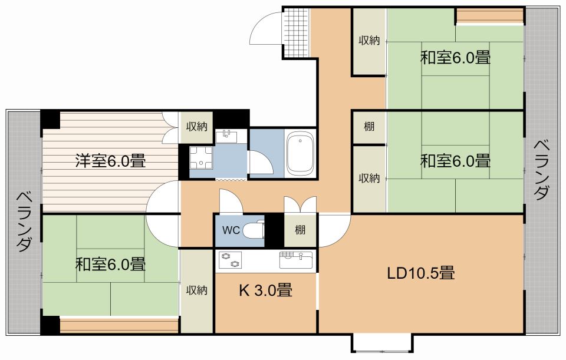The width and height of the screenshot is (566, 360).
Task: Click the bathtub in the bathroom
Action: (x=300, y=154)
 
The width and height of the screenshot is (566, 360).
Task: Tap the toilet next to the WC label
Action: (x=254, y=229)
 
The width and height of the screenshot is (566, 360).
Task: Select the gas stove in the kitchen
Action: (x=231, y=260)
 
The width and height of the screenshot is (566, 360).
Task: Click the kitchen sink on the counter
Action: (x=295, y=260)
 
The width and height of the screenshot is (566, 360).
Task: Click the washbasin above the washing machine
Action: (x=226, y=137)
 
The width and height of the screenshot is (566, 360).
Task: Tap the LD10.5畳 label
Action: (x=420, y=273)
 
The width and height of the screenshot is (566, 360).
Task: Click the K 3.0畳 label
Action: (x=266, y=290)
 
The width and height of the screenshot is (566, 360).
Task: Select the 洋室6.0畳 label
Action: (x=110, y=161)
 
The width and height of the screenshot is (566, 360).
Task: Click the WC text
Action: (x=231, y=230)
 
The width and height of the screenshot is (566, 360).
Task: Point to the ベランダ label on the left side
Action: (x=24, y=222)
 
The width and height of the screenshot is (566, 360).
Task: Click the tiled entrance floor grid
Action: (x=296, y=32)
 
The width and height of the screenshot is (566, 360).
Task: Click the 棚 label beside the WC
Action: (x=300, y=230)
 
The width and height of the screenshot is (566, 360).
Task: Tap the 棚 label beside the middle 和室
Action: (x=369, y=127)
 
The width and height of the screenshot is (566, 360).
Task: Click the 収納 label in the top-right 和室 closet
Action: (x=369, y=41)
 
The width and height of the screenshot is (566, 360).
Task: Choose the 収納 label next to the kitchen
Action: (x=197, y=290)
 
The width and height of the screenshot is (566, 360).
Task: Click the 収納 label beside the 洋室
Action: (x=197, y=127)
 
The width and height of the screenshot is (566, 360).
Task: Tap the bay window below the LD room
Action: (x=382, y=343)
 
